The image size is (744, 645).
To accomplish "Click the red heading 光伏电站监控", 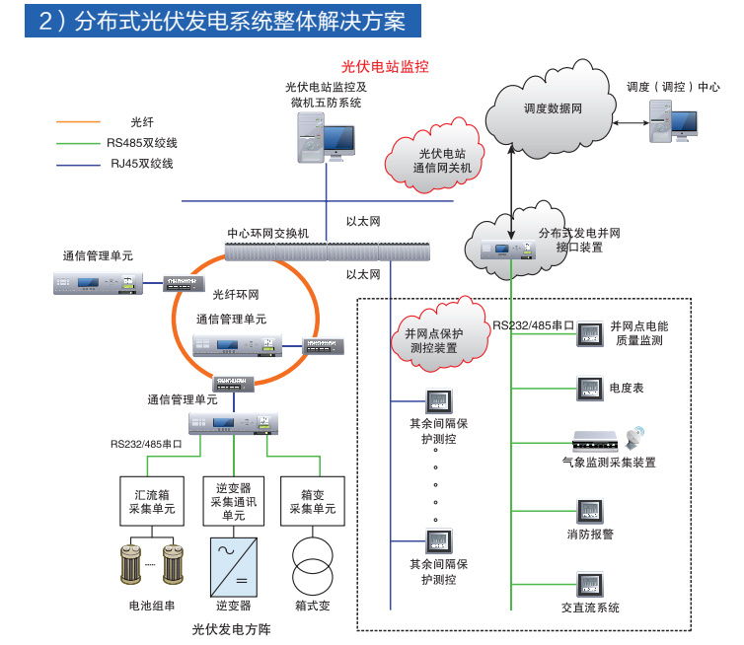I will point(385,67).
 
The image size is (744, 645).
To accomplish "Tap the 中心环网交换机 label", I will point(268,233).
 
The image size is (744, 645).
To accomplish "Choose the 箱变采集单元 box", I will point(312,499).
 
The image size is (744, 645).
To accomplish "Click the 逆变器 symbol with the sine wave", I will point(234,564).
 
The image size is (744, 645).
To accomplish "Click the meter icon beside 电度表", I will point(590,388).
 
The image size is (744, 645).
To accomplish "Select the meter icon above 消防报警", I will point(590,512).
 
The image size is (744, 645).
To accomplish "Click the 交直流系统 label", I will point(590,608).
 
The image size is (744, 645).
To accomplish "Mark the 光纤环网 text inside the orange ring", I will point(235,294).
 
